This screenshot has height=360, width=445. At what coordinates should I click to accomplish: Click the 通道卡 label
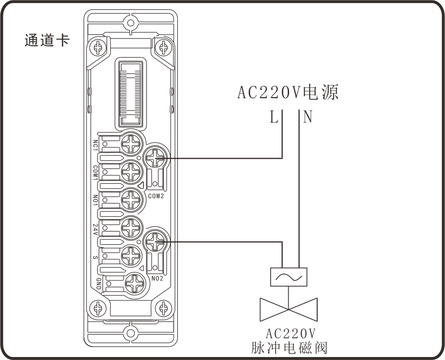coord(47,40)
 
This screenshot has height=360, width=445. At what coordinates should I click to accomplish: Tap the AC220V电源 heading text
coord(288,92)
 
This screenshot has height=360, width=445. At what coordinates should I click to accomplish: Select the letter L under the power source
coord(274,117)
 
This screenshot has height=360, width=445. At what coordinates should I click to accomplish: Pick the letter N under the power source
coord(307,117)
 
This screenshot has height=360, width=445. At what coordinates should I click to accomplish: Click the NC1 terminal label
coord(96,145)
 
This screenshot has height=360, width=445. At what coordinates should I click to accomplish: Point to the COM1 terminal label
coord(96,172)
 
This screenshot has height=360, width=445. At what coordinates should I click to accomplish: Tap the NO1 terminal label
coord(96,200)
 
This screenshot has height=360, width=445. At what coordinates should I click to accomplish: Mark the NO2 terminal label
coord(157,278)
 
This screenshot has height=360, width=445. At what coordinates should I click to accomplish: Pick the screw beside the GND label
coord(132,283)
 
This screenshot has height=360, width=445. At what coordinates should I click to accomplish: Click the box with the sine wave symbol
coord(288,277)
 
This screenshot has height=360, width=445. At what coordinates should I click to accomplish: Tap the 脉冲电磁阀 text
coord(288,348)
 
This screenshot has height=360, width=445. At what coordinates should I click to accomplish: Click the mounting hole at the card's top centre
coord(130,22)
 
